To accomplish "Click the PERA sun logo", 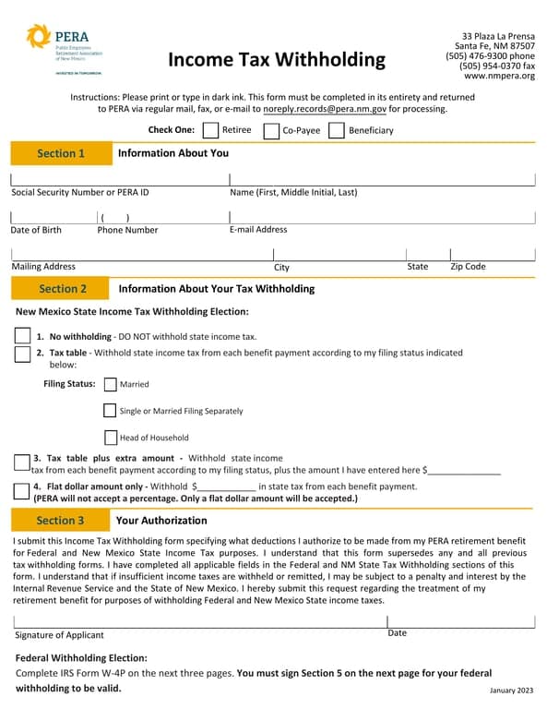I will (x=40, y=38).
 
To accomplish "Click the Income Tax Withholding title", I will (x=277, y=60).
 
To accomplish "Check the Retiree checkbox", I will (x=210, y=130).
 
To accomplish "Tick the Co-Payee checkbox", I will (x=271, y=131).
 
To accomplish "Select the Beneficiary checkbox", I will (x=337, y=130).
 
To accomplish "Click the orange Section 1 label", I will (x=61, y=154).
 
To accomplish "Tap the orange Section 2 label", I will (x=63, y=289).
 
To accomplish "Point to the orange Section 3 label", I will (x=60, y=521).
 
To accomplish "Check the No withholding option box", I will (x=22, y=336).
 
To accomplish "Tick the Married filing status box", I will (x=111, y=384).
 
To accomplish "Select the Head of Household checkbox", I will (x=111, y=438).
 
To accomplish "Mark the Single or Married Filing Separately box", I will (x=111, y=411).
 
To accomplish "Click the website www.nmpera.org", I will (x=499, y=76).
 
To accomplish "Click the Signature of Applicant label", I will (x=60, y=635).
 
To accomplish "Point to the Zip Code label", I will (x=468, y=267).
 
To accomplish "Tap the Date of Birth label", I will (x=36, y=230).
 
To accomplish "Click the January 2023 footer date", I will (x=511, y=691).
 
